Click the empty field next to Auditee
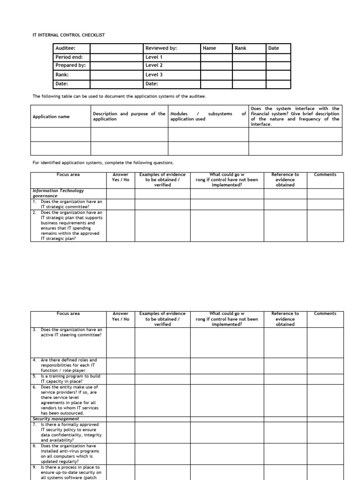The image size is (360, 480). pyautogui.click(x=117, y=48)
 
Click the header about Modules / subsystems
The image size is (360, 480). pyautogui.click(x=208, y=116)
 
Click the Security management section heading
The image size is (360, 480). pyautogui.click(x=56, y=419)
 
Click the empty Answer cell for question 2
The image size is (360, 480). pyautogui.click(x=120, y=225)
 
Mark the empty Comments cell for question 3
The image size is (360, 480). pyautogui.click(x=325, y=342)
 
